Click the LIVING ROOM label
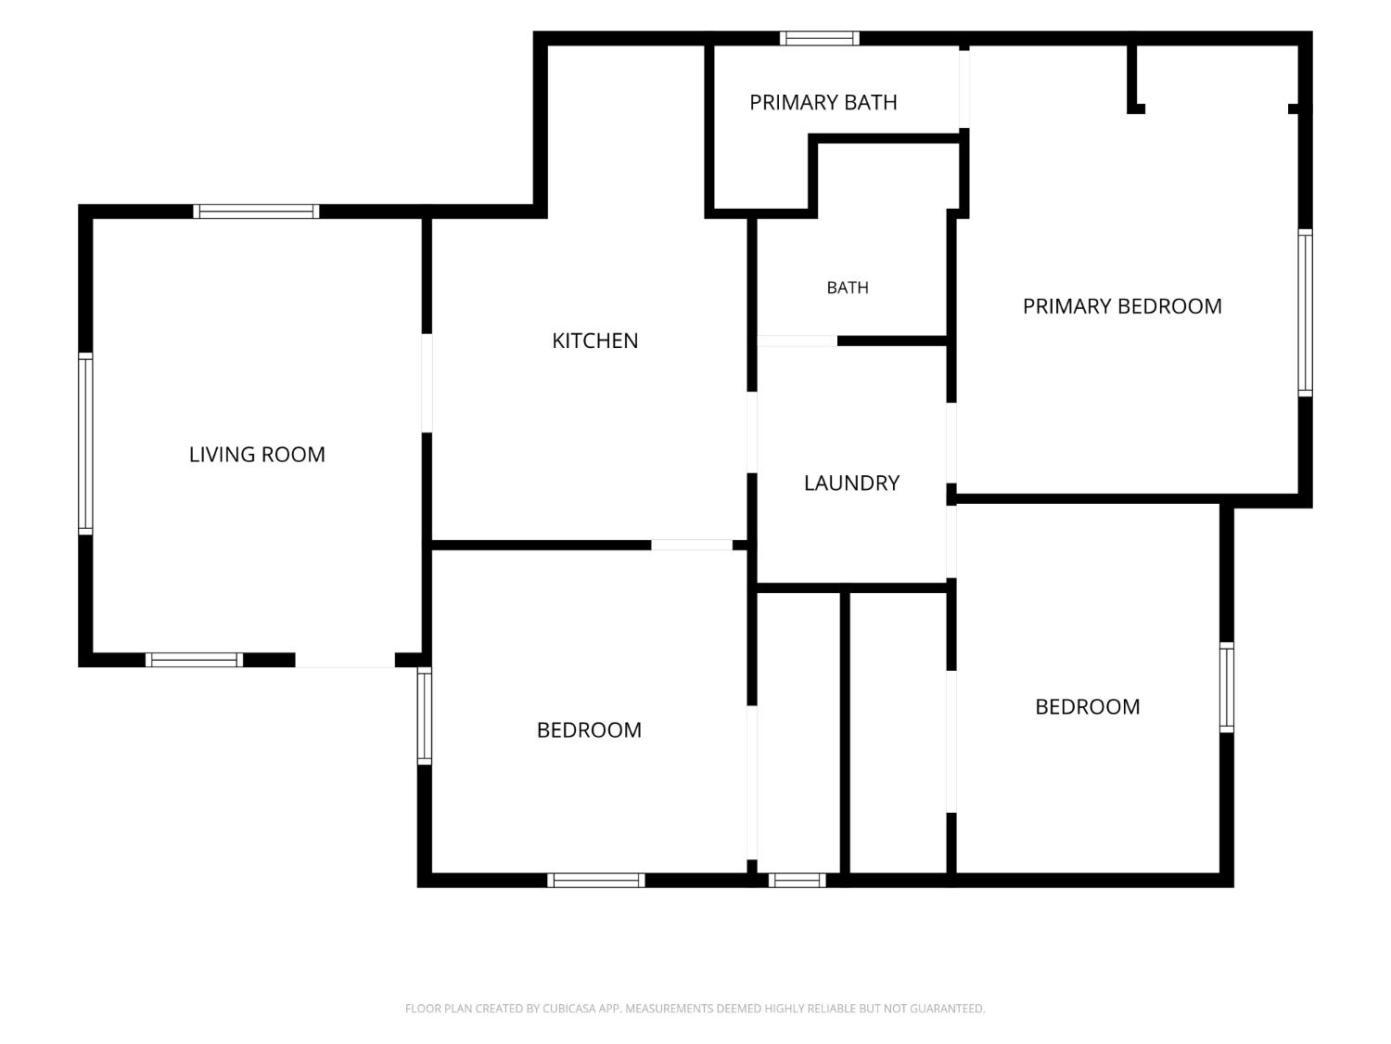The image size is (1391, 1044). (x=257, y=455)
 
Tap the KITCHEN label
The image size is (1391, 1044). (x=594, y=341)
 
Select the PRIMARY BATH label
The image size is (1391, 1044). (x=823, y=103)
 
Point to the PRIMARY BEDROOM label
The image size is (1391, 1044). (x=1122, y=307)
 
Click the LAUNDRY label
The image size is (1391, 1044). (x=851, y=483)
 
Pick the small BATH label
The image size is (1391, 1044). (x=848, y=288)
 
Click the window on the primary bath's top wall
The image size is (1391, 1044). (x=819, y=39)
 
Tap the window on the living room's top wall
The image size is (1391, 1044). (x=256, y=212)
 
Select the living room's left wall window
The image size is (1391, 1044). (x=85, y=444)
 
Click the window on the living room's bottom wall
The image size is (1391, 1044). (x=194, y=660)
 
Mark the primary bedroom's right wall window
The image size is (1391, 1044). (x=1304, y=313)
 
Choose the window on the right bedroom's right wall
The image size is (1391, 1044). (x=1226, y=688)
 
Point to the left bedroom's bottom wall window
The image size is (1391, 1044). (x=595, y=880)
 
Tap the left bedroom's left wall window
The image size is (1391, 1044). (x=425, y=715)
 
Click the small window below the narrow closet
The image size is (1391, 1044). (x=797, y=880)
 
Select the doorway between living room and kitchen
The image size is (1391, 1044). (x=428, y=383)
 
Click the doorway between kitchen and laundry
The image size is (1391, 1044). (x=751, y=433)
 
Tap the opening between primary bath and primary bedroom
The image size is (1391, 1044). (x=963, y=89)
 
